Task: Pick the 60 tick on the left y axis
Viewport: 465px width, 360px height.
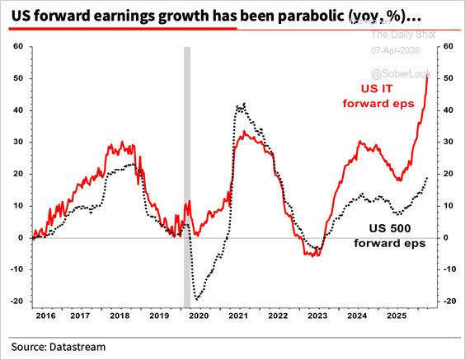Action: click(16, 46)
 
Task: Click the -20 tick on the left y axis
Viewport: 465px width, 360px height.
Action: click(15, 302)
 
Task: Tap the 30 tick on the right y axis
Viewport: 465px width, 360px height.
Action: click(450, 142)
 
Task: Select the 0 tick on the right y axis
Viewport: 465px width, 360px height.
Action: click(449, 237)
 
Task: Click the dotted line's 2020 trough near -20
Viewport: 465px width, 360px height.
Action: click(197, 299)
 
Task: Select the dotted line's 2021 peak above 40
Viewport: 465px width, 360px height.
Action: click(240, 105)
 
